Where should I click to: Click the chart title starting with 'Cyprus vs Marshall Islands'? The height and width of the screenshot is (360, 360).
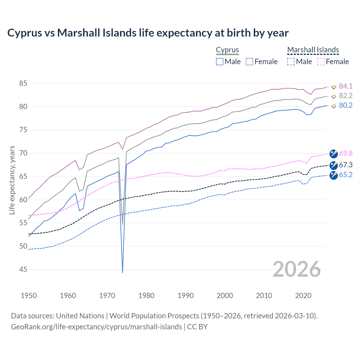coord(148,33)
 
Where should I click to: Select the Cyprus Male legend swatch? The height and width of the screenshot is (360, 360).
coord(220,62)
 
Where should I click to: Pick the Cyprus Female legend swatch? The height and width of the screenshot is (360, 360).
coord(249,62)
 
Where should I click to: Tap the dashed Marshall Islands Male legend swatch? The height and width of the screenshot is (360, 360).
coord(291,62)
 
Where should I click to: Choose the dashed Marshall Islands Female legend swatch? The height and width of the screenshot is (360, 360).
coord(321,62)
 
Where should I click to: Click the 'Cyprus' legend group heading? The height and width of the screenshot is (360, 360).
coord(227,50)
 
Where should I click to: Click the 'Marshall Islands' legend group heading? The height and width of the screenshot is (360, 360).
coord(313,50)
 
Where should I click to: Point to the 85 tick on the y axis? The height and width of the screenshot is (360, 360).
coord(23,83)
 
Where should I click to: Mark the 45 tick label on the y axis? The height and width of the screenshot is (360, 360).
coord(23,269)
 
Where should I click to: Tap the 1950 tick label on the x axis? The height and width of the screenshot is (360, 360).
coord(29,296)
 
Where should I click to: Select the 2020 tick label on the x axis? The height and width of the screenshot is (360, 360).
coord(303,296)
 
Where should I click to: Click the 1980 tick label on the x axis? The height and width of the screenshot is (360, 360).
coord(146,296)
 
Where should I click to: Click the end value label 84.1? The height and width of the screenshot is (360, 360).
coord(346,86)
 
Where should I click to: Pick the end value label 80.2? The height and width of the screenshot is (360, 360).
coord(346,105)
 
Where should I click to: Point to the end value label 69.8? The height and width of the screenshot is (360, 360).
coord(346,153)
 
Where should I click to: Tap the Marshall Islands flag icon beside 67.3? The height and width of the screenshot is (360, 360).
coord(334,165)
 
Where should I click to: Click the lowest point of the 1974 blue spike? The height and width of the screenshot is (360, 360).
coord(123,273)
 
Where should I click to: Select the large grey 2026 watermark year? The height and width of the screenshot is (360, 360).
coord(297,269)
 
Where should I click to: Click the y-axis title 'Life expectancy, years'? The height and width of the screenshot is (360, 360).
coord(12,180)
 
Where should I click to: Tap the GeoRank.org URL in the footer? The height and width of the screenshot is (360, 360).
coord(96,327)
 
